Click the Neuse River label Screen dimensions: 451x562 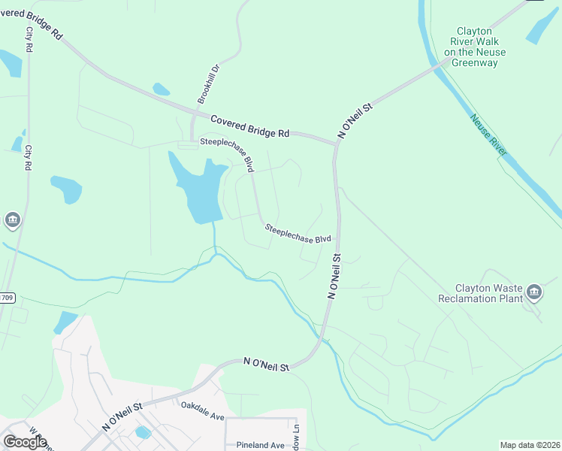[489, 136]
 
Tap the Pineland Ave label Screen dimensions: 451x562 [260, 445]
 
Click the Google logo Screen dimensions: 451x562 [25, 441]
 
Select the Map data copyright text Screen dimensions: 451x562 [529, 445]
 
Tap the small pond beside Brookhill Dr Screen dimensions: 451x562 [161, 89]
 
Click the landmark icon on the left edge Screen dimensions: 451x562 [12, 220]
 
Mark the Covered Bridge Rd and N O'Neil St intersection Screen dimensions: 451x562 [336, 142]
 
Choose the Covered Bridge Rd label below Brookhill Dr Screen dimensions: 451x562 [249, 126]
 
